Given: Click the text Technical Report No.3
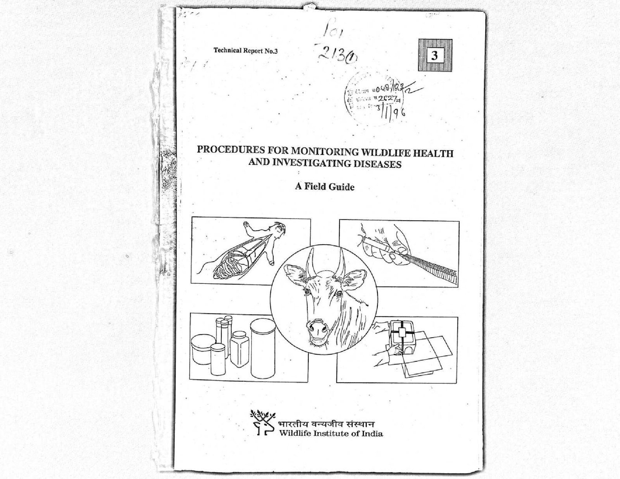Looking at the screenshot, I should tap(246, 51).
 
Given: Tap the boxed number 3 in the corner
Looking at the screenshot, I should tap(434, 56).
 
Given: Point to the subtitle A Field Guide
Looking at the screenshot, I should tap(325, 187).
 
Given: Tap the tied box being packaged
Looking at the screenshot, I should tap(401, 333).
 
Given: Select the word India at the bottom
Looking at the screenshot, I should tap(372, 434).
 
